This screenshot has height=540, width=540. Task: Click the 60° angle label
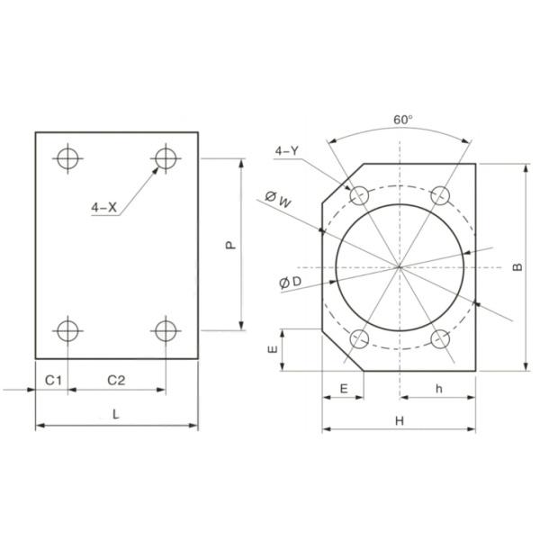403,120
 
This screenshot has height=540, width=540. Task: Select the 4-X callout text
104,207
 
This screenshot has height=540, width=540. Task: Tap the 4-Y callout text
286,151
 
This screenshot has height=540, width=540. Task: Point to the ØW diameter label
278,200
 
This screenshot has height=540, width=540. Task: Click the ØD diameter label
291,283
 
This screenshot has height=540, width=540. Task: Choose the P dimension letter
230,245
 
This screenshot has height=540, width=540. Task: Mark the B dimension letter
517,267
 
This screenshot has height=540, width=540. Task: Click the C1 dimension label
54,381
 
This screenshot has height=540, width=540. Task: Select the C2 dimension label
116,381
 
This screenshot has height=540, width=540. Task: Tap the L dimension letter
116,414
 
